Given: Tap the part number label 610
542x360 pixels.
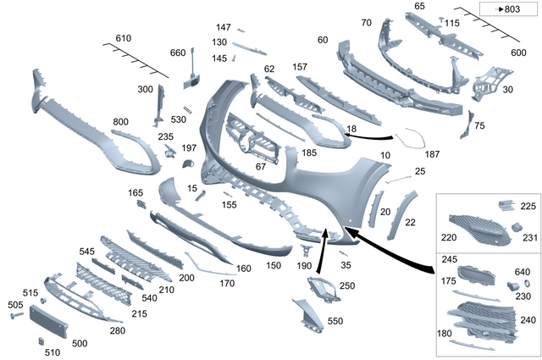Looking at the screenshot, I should (x=124, y=39).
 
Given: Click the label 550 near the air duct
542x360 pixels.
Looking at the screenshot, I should (x=335, y=323).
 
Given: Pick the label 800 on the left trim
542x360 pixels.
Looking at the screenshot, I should (x=121, y=122).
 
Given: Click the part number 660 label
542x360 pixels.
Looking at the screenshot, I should (x=178, y=53).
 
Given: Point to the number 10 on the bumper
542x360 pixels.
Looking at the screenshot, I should (x=385, y=156).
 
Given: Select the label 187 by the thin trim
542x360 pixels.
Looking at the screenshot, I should (x=432, y=154).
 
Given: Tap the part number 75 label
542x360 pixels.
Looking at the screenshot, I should (x=479, y=126).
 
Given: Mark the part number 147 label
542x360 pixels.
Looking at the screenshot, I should (x=224, y=28).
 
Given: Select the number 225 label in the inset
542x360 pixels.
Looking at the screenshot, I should (x=528, y=206).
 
